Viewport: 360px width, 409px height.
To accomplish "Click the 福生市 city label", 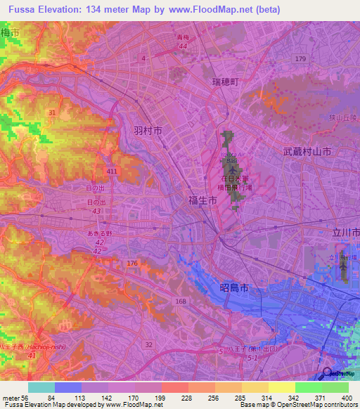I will tap(202, 200).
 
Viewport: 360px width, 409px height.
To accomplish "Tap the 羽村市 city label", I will tap(148, 131).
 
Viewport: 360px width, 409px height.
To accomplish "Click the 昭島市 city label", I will tap(230, 288).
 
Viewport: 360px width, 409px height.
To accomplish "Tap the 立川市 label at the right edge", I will tap(346, 232).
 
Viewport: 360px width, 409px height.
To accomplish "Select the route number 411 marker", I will tap(112, 171).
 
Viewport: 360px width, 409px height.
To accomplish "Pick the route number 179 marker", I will tap(301, 58).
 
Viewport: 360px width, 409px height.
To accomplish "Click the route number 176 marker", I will tap(131, 264).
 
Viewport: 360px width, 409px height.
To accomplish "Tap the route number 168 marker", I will tap(181, 301).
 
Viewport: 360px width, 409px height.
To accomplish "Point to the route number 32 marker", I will tap(148, 344).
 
